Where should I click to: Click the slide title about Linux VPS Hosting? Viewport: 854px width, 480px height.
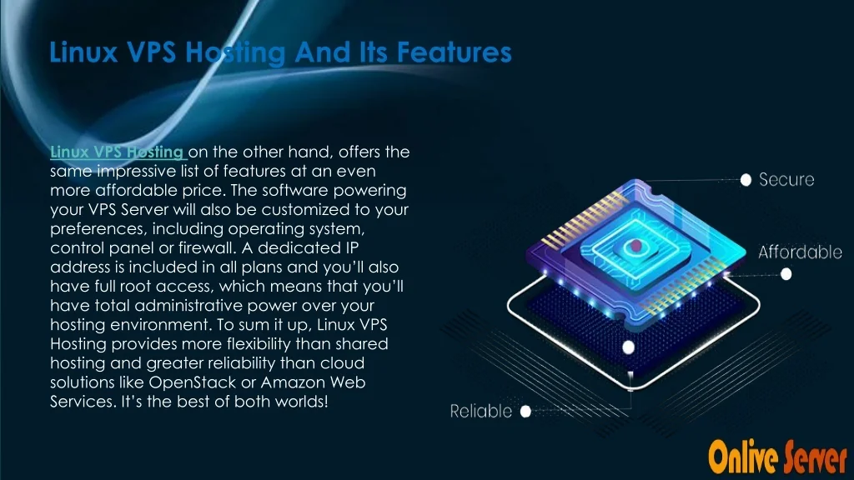[280, 52]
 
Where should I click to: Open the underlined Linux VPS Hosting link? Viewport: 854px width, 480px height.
[118, 152]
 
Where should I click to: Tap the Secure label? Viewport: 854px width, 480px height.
[786, 180]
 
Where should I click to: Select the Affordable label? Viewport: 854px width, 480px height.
[800, 252]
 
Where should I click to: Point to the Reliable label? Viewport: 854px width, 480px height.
[481, 412]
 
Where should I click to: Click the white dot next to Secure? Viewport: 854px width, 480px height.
[746, 180]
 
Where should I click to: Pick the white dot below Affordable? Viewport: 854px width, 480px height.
[786, 274]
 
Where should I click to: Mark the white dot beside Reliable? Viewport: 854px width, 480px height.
[525, 412]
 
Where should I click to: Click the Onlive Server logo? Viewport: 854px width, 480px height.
[777, 457]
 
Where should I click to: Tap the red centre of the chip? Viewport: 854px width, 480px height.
[635, 247]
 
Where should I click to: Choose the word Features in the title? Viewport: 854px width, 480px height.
[455, 52]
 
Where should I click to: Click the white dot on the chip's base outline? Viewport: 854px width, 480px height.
[629, 347]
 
